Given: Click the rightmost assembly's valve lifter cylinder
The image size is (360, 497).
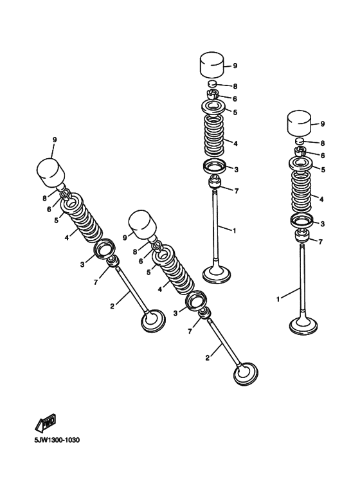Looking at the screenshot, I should [299, 123].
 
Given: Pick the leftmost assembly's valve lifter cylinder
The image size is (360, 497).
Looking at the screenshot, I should [51, 170].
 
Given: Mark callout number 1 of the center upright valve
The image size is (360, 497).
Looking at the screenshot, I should [235, 230].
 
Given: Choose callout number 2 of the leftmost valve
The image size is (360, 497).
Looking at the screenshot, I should [112, 305].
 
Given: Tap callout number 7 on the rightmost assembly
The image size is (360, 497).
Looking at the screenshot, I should [321, 242].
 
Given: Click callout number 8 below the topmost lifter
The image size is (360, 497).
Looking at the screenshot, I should [236, 86].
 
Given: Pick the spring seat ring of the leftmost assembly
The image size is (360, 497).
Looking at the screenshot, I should [104, 249].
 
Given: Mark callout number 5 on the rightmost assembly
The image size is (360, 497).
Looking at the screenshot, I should [323, 170].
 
